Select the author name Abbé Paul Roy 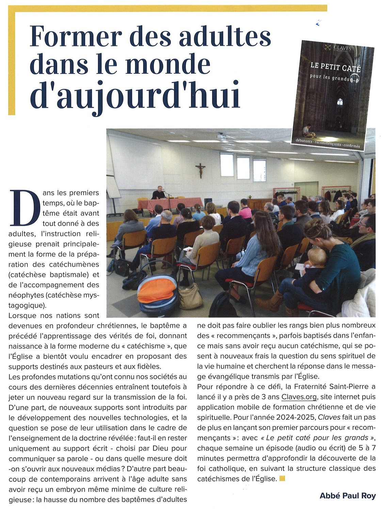pos(348,495)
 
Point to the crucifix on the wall pos(200,170)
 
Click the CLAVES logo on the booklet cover pos(338,48)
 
